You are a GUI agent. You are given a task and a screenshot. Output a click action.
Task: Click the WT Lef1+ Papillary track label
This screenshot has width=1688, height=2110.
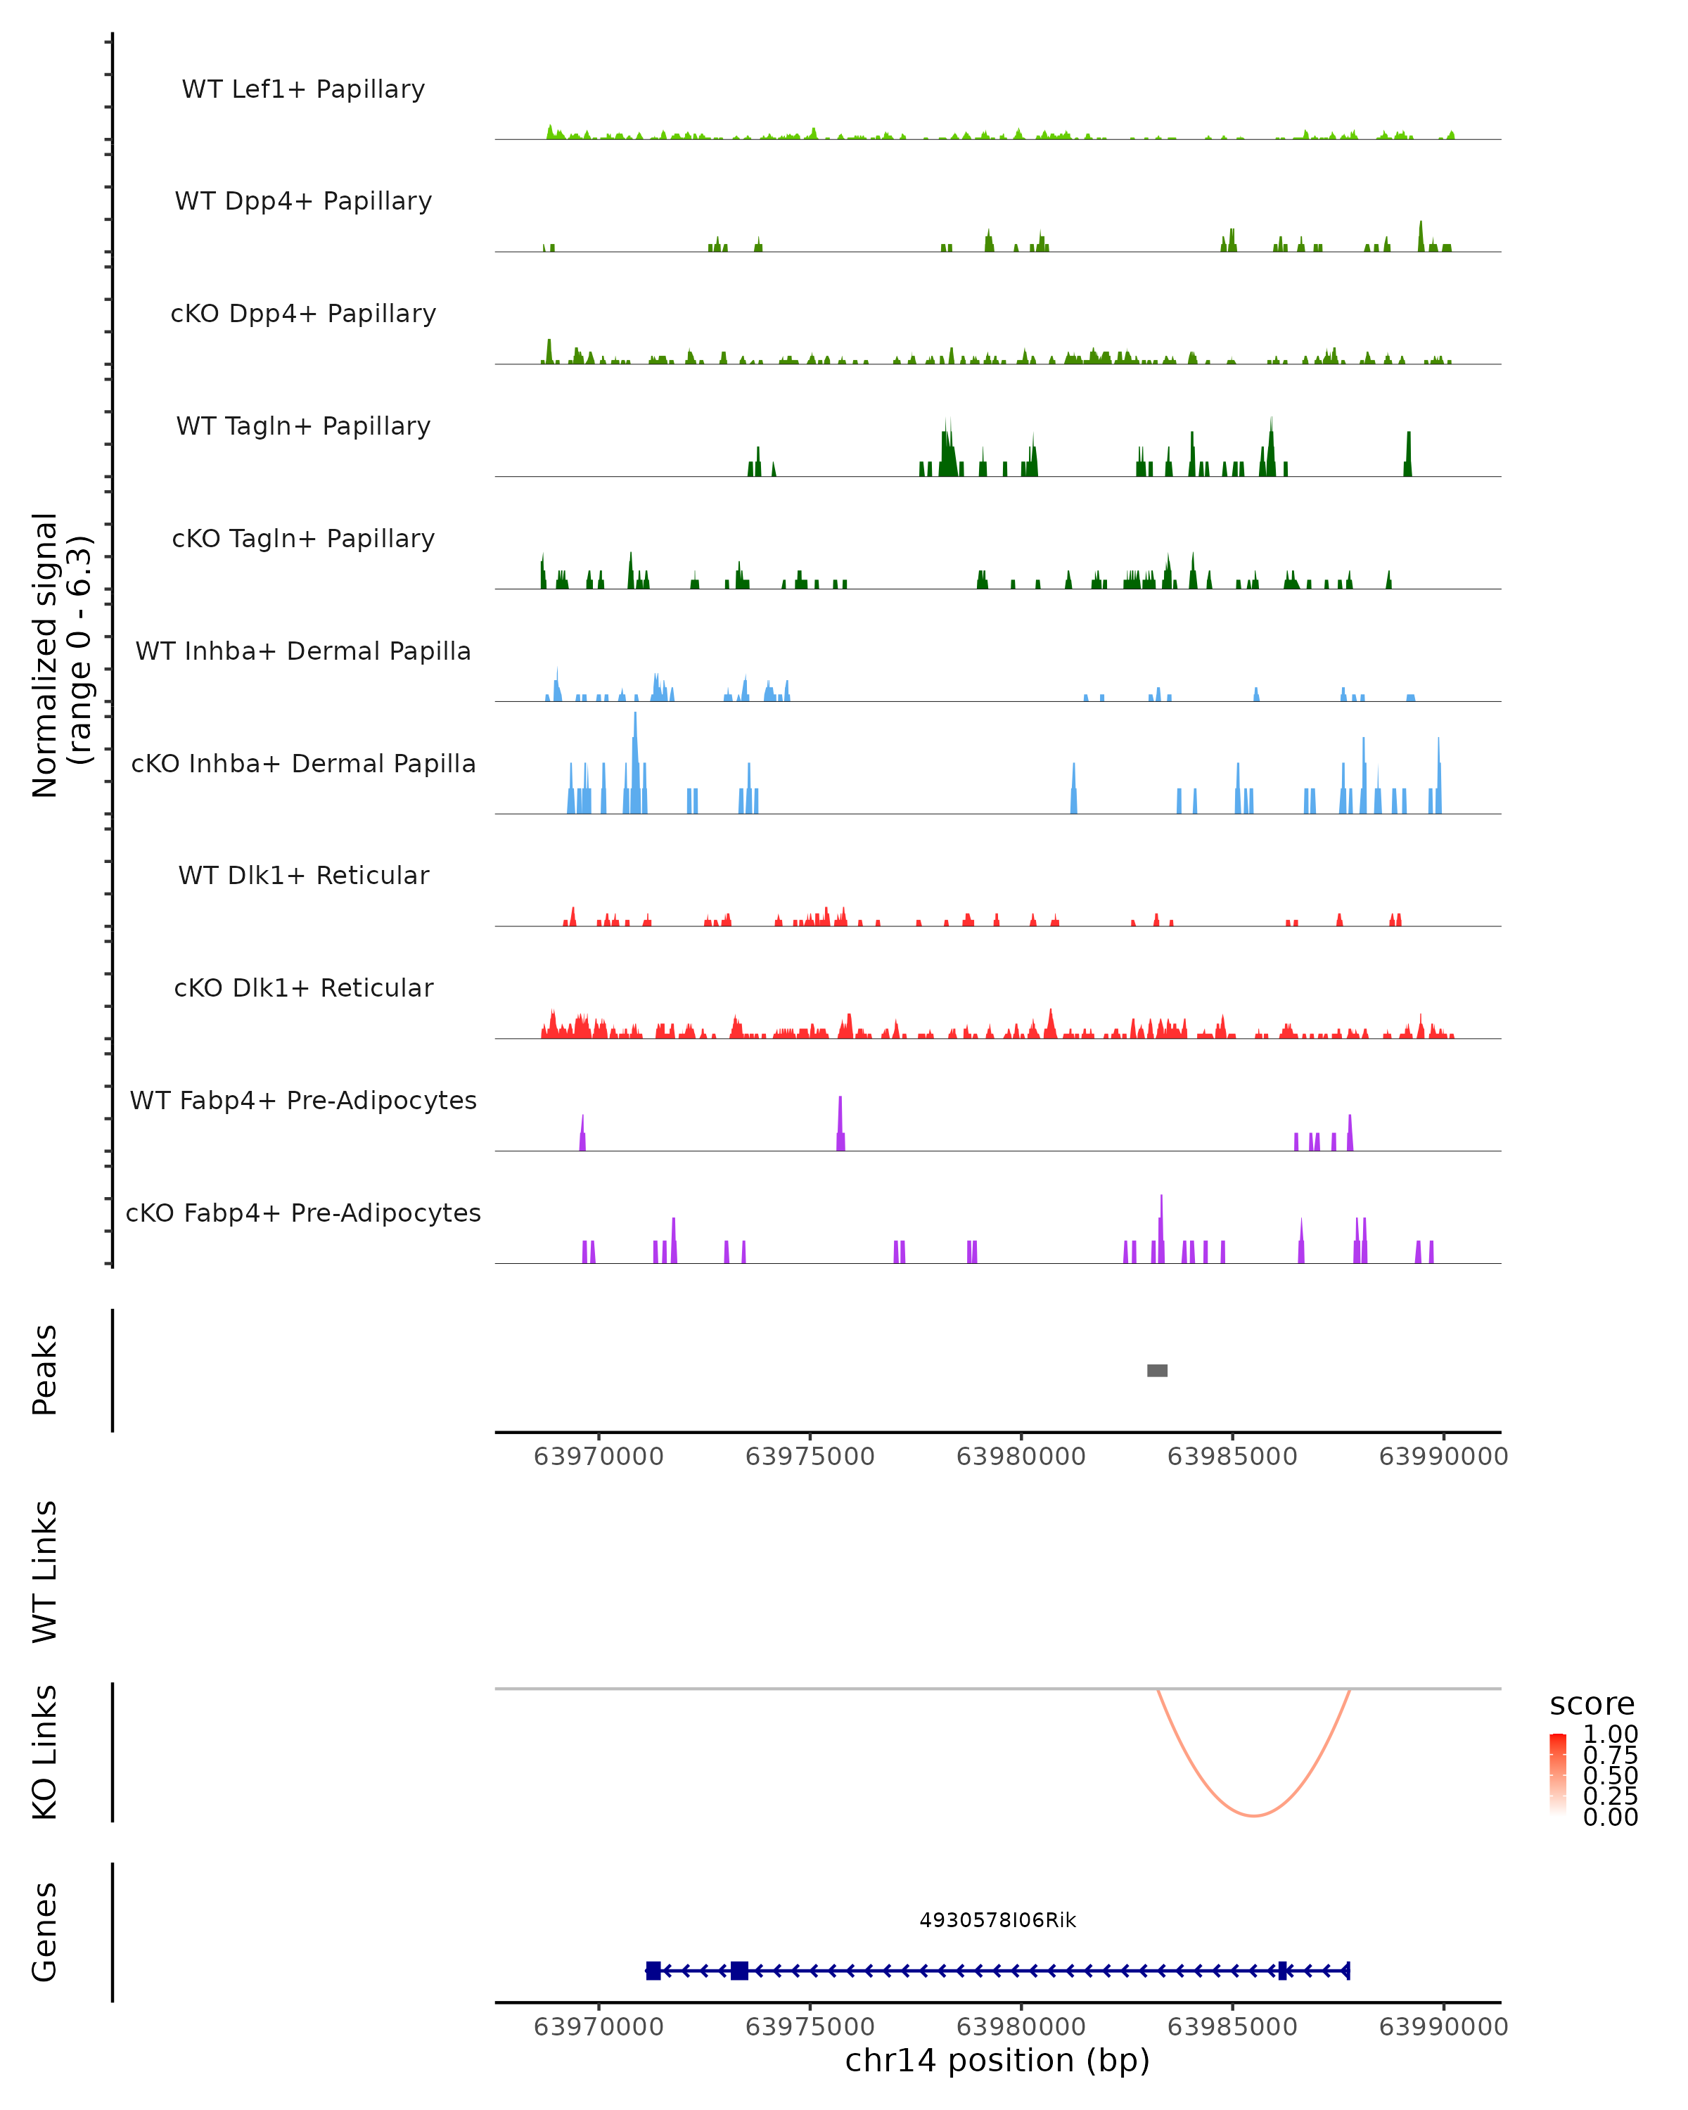click(x=303, y=89)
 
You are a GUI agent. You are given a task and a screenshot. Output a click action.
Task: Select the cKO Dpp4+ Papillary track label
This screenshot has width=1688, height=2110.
click(x=303, y=314)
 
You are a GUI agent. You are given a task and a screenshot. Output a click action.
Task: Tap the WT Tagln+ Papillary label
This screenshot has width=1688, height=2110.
click(x=303, y=427)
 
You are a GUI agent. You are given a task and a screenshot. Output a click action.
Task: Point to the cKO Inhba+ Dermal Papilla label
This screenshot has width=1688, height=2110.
click(x=303, y=765)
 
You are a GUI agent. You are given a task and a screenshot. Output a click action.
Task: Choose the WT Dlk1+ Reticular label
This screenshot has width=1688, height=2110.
click(x=303, y=876)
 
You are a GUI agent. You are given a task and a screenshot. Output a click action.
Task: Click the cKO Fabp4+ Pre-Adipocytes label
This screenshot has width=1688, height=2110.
click(x=303, y=1213)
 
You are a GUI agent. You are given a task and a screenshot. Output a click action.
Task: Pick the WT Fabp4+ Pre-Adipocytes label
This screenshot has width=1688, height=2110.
click(x=303, y=1101)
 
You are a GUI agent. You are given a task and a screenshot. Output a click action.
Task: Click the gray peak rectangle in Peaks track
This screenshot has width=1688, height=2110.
click(x=1157, y=1370)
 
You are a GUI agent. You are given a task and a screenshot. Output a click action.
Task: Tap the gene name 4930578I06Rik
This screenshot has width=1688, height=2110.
click(x=997, y=1920)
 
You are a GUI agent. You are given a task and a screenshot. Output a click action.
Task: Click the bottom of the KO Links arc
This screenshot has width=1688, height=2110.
click(x=1253, y=1815)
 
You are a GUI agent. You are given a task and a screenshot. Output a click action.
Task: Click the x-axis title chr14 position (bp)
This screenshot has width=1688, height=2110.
click(x=997, y=2061)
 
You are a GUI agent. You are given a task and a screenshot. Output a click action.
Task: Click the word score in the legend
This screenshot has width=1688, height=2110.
click(x=1592, y=1704)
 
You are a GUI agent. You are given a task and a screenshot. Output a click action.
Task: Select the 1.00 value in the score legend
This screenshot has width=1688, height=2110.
click(x=1610, y=1734)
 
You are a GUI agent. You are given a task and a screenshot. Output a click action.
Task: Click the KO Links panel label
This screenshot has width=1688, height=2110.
click(x=45, y=1752)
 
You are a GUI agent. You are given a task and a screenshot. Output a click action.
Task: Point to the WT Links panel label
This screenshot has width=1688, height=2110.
click(x=45, y=1571)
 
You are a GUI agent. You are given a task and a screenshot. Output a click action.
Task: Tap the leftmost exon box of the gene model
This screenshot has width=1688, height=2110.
click(x=653, y=1971)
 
